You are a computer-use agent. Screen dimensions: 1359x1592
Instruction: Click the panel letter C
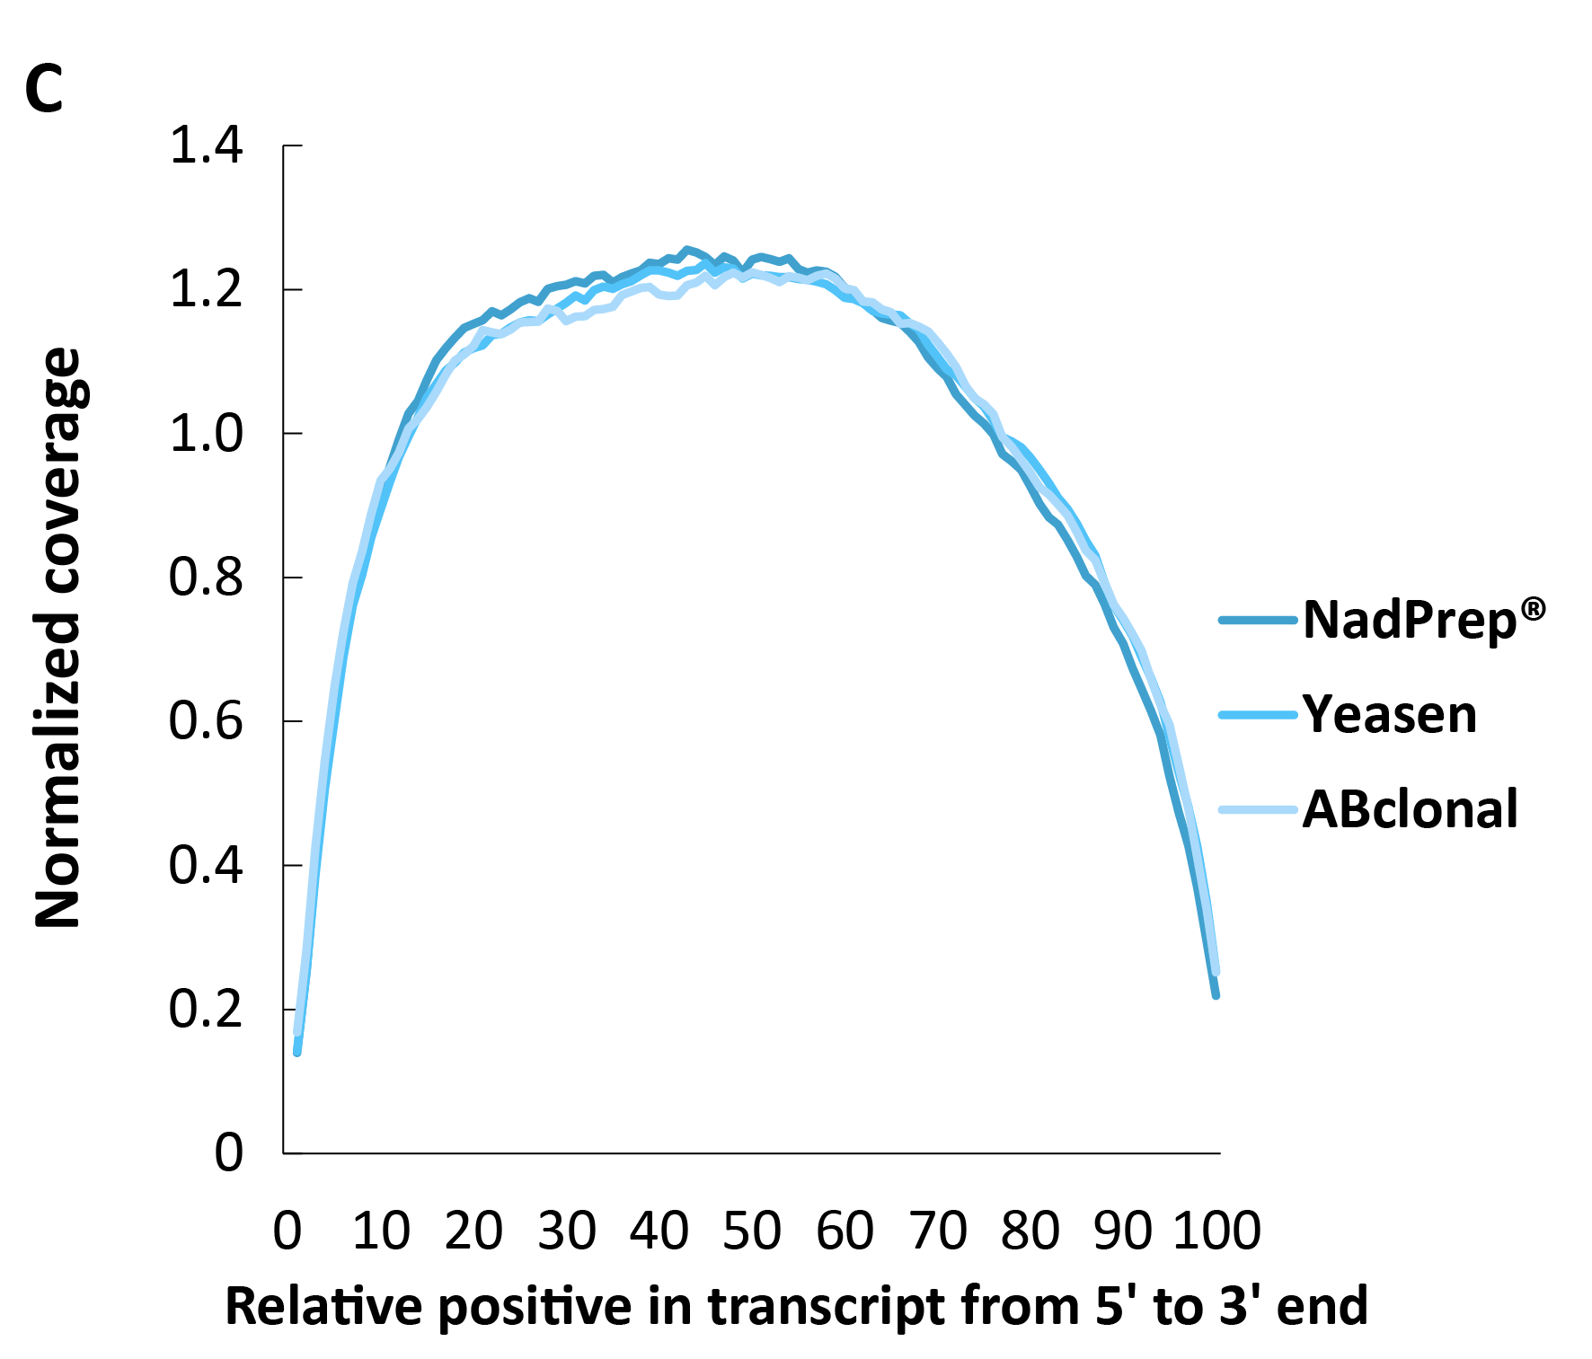44,91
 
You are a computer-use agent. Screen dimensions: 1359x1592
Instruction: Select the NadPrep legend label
1409,620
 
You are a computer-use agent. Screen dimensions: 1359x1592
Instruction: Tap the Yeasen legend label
1389,715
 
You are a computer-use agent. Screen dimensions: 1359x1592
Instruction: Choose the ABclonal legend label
1410,809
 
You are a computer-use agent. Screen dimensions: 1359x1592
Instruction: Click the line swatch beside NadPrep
1258,620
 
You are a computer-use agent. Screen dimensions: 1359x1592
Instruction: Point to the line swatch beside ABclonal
1258,810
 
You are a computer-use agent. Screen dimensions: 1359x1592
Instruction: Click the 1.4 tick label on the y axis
206,146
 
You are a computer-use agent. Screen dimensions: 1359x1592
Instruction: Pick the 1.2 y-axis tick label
206,290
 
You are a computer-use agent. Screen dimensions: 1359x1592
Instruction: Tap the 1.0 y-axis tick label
206,434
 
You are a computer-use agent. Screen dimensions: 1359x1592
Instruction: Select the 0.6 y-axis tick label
206,721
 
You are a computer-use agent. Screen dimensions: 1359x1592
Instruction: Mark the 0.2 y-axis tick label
206,1009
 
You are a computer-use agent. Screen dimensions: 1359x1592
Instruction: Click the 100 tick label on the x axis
1217,1231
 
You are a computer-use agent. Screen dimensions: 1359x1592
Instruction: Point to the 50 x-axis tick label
752,1231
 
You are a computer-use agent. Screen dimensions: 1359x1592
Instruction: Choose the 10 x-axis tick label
381,1231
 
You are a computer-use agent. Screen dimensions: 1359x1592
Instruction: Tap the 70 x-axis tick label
938,1231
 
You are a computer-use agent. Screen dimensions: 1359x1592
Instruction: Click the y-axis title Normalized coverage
57,638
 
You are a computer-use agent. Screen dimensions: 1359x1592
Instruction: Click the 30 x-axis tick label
567,1231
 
